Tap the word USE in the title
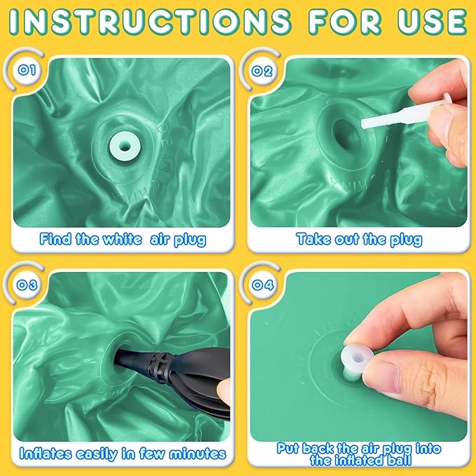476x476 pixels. [433, 22]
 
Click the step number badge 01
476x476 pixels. [27, 70]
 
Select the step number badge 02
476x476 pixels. [262, 72]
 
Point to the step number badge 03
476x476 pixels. [27, 285]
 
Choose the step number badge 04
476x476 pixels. [263, 285]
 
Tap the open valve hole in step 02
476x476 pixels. [347, 135]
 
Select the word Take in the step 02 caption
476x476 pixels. [313, 239]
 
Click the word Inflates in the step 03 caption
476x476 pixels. [46, 454]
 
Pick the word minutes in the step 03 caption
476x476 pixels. [198, 454]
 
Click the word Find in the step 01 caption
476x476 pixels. [56, 239]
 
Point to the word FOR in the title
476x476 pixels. [344, 22]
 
